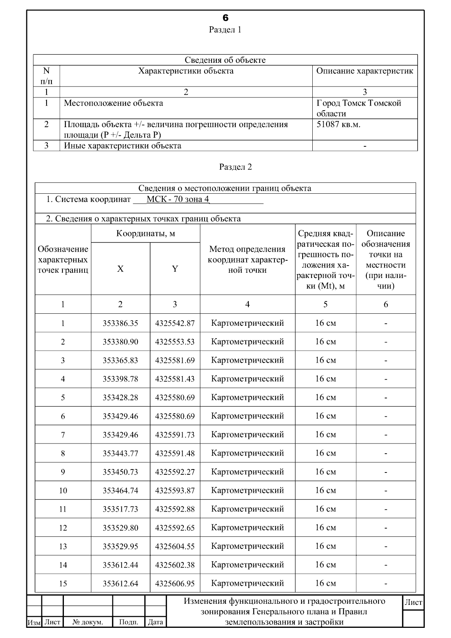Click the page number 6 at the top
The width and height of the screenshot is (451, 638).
click(x=225, y=18)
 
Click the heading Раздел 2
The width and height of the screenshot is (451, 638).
click(x=236, y=167)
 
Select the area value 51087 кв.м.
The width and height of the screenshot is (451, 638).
click(x=338, y=125)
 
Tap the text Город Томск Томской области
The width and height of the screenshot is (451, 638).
click(x=359, y=108)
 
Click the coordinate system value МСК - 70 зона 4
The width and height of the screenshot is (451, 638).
click(x=178, y=199)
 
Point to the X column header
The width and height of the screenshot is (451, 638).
click(x=120, y=269)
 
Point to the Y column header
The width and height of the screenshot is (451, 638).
click(x=175, y=269)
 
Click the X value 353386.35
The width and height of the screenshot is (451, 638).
click(x=120, y=323)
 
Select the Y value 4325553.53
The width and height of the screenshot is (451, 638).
click(x=175, y=342)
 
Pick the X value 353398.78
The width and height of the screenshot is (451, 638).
click(x=120, y=379)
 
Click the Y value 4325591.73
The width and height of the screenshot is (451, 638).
click(x=175, y=434)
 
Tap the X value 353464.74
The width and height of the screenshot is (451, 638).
click(x=120, y=490)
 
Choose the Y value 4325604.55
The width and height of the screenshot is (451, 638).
click(x=175, y=546)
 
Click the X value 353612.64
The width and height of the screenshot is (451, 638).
click(x=120, y=583)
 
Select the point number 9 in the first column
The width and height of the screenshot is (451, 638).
click(x=63, y=472)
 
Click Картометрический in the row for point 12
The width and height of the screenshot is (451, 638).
click(x=247, y=527)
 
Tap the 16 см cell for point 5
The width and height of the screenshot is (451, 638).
click(x=325, y=397)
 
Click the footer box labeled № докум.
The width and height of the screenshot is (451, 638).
click(x=88, y=622)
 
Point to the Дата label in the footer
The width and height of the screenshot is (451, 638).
click(x=155, y=622)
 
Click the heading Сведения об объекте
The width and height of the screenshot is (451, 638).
click(x=225, y=60)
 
